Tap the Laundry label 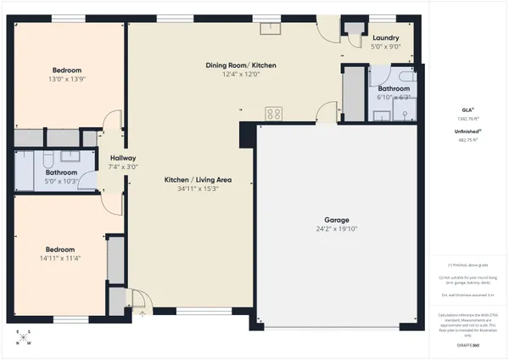pos(386,37)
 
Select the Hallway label pos(116,159)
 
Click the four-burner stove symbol pos(274,112)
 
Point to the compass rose pos(24,338)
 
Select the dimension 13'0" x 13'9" pos(67,79)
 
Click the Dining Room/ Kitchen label pos(241,65)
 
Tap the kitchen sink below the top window pos(271,25)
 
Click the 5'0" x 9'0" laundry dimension pos(386,48)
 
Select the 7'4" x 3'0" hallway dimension pos(116,168)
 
